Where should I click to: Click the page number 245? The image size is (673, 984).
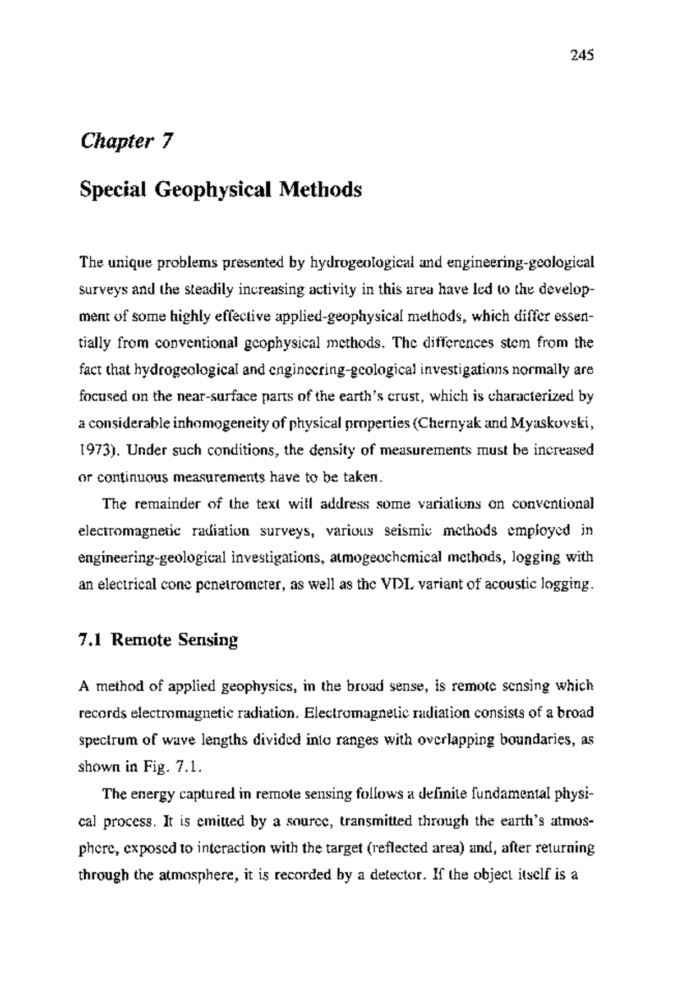pos(582,55)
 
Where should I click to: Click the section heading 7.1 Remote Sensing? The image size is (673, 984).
pos(159,640)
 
